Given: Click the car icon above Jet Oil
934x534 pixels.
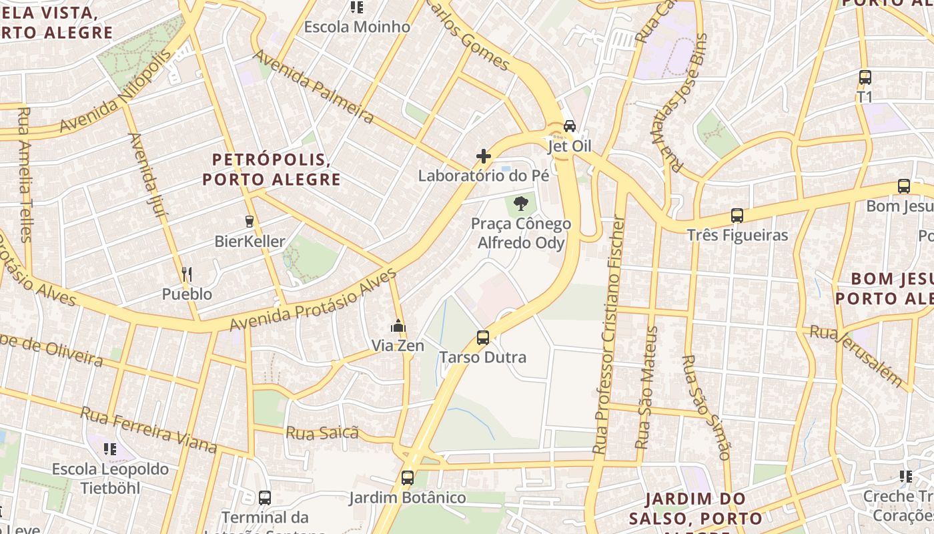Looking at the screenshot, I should (569, 125).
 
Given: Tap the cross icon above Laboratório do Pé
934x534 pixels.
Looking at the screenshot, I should (484, 156).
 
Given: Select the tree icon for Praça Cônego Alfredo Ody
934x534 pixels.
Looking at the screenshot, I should (521, 204).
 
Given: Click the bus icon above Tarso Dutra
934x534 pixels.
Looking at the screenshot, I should (483, 338).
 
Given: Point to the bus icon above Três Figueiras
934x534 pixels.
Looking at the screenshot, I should (737, 216).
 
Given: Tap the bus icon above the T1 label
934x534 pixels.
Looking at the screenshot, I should (865, 77).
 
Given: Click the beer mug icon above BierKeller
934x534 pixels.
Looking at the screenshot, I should (250, 221).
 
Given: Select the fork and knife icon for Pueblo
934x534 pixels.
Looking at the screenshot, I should (187, 274).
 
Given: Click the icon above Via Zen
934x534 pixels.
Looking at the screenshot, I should (398, 326).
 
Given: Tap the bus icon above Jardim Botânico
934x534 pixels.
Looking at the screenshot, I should (408, 478).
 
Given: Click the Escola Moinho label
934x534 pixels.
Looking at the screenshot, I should (357, 27).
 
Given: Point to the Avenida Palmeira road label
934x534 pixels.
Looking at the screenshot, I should (314, 87).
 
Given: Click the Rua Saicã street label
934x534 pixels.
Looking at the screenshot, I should (322, 433).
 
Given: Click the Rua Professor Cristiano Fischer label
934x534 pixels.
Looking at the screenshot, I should (610, 334).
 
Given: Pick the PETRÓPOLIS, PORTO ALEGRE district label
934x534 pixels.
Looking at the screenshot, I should (272, 170).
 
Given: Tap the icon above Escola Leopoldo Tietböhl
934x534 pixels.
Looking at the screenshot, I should (110, 449).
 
